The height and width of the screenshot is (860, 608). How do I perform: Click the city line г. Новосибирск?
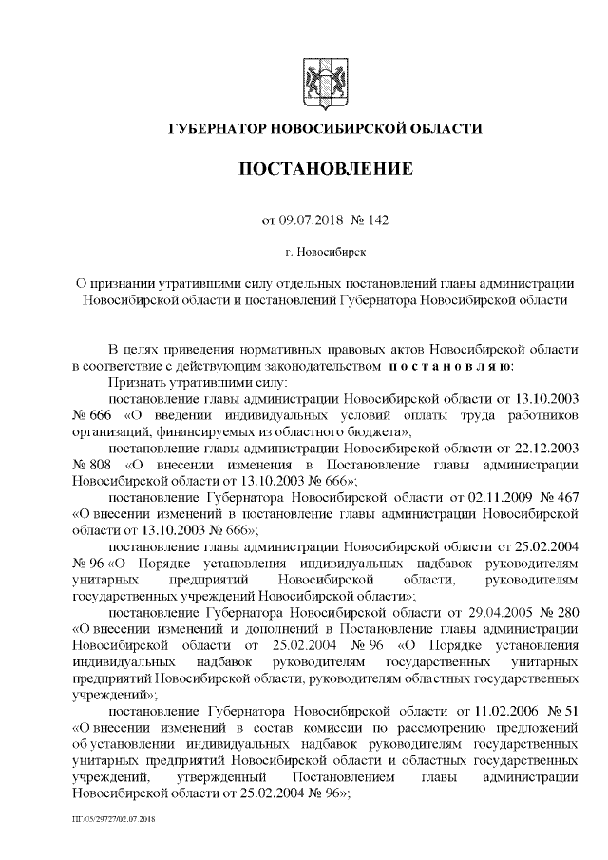pyautogui.click(x=325, y=252)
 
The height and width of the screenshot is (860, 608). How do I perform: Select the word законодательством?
pyautogui.click(x=304, y=365)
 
